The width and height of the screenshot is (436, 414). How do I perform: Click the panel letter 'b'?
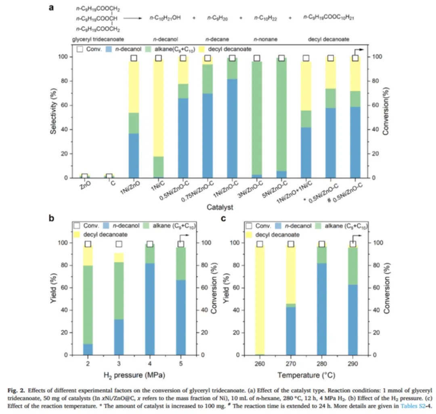[x=51, y=219]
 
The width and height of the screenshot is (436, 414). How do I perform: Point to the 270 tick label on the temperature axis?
[x=291, y=363]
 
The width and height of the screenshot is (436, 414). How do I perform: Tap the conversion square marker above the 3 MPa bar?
[x=119, y=244]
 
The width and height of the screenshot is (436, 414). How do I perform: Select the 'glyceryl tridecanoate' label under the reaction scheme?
[x=98, y=39]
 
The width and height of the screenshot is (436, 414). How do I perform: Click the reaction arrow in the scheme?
[x=134, y=19]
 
